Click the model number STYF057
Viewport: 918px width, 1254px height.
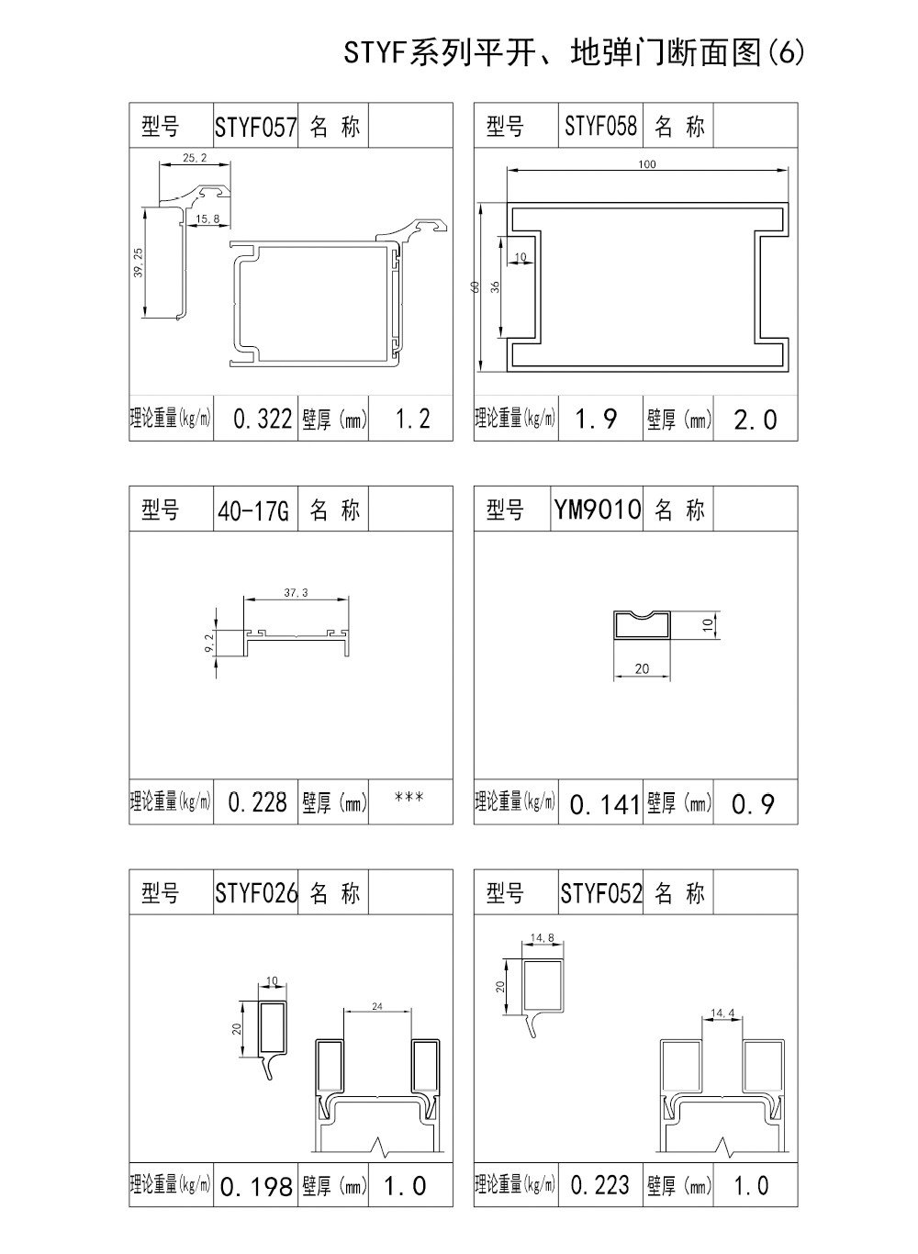[x=256, y=127]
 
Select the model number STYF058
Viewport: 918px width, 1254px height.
[x=600, y=126]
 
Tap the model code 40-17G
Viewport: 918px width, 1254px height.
[x=253, y=510]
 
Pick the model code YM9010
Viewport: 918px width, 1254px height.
[x=598, y=509]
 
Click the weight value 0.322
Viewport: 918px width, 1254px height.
[x=263, y=419]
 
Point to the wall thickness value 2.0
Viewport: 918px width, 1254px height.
[x=756, y=420]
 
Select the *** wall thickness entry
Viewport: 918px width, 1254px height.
[x=409, y=797]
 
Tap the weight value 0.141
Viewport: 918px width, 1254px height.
[x=605, y=805]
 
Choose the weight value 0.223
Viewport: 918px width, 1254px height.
[x=600, y=1185]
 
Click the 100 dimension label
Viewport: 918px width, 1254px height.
[x=647, y=164]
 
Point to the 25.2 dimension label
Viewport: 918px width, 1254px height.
[x=195, y=158]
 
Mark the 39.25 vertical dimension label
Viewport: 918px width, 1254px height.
[x=139, y=263]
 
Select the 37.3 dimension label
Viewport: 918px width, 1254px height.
[x=297, y=592]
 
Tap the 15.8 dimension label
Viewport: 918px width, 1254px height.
[x=207, y=218]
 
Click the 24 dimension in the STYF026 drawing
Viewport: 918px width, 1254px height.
[x=377, y=1006]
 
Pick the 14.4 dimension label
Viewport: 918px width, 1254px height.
[x=722, y=1013]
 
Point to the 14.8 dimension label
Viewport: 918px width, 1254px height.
[x=543, y=937]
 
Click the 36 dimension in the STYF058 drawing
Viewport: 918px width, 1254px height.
[x=495, y=286]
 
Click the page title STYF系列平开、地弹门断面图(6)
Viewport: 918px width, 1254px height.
[x=575, y=53]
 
